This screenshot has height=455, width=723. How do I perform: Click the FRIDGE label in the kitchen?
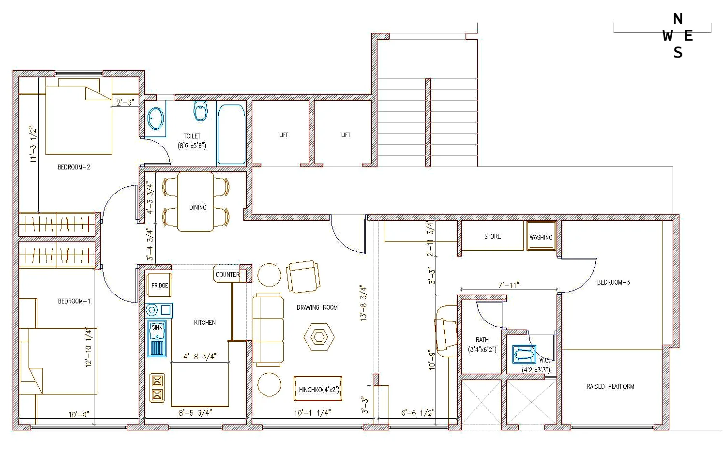coord(159,286)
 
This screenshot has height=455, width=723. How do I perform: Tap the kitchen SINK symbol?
coord(157,338)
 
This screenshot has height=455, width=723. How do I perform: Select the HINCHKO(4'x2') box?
coord(318,389)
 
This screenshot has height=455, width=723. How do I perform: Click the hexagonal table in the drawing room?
coord(319,337)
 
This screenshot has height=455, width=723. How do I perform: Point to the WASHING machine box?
coord(541,236)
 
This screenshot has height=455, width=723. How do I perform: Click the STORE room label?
coord(493,236)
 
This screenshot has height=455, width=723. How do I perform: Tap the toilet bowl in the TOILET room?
coord(200,111)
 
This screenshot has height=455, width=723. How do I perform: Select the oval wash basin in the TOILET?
coord(155,119)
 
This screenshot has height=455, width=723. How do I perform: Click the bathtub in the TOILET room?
coord(231,135)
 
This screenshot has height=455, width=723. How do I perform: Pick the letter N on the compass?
coord(678,19)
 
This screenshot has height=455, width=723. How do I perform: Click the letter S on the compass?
coord(678,52)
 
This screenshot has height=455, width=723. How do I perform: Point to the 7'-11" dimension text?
coord(509,285)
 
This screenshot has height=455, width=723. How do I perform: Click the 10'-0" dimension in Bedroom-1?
coord(79,414)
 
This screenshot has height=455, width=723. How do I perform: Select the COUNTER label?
coord(227,274)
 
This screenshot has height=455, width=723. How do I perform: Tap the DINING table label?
coord(198,207)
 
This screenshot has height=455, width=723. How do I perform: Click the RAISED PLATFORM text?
coord(610,387)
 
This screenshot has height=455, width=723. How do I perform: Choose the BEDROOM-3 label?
coord(613,282)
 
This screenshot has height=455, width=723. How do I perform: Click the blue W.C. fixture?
coord(524,354)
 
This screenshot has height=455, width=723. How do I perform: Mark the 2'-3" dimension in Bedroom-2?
coord(125,102)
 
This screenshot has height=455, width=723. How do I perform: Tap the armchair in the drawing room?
coord(303,276)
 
